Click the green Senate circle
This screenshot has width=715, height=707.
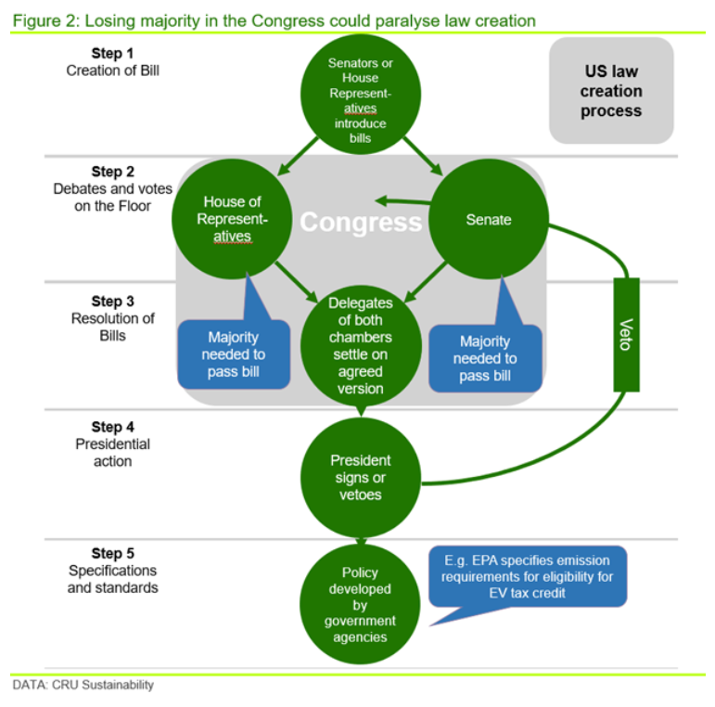coord(489,221)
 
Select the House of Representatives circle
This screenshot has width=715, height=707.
coord(228,220)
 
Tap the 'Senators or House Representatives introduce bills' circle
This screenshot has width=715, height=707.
coord(360,96)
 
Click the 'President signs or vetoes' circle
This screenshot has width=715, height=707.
coord(360,478)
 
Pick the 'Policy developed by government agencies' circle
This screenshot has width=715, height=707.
coord(360,605)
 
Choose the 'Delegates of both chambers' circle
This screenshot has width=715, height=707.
coord(360,345)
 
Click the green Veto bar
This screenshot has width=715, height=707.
coord(627,334)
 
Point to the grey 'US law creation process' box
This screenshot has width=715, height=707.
coord(611,91)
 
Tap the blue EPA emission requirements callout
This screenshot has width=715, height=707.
coord(528,577)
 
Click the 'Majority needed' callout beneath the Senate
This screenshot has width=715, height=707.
coord(484,358)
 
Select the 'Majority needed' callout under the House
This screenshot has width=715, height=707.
coord(233,353)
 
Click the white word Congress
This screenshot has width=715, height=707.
coord(360,223)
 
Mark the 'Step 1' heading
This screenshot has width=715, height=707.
coord(112,53)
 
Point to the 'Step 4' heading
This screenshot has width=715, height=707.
coord(112,427)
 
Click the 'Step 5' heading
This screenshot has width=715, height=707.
coord(112,553)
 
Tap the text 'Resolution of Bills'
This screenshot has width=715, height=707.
coord(112,327)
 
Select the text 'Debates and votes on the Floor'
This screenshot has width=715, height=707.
coord(112,197)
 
